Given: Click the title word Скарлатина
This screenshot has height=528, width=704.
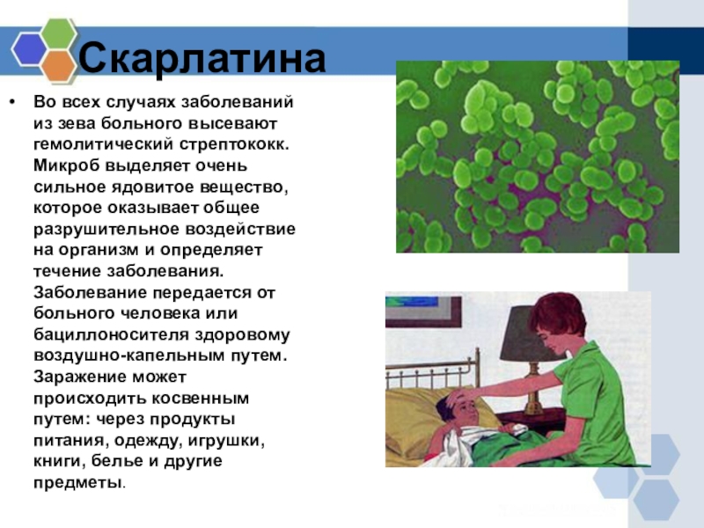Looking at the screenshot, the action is click(202, 58).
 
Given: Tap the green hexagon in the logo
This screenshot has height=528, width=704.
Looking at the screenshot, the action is click(59, 33).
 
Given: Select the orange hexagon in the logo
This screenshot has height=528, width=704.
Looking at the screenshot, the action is click(59, 66).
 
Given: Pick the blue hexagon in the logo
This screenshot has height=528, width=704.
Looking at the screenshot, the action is click(29, 49).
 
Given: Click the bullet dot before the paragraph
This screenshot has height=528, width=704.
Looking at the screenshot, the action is click(11, 102).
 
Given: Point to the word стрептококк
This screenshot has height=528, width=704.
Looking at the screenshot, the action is click(234, 144).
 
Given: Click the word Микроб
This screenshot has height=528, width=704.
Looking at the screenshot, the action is click(67, 165).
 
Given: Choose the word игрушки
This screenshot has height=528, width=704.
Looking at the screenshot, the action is click(226, 441).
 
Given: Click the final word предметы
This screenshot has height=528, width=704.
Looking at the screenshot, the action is click(78, 483).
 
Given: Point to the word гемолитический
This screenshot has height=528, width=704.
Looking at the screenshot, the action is click(103, 144).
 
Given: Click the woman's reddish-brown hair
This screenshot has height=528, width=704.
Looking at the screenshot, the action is click(557, 312).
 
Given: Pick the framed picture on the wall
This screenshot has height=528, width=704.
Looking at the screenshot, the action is click(423, 310).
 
